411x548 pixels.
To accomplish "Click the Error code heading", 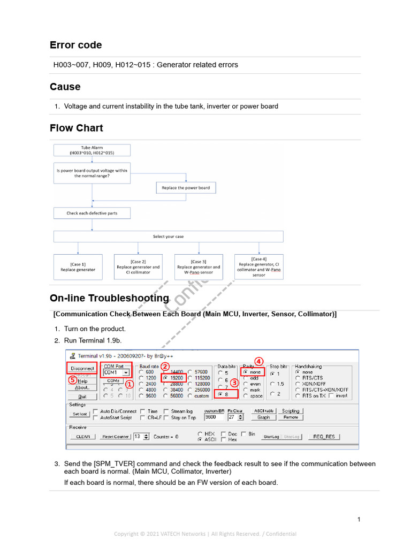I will coord(75,45).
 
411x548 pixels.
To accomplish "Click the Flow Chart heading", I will coord(76,128).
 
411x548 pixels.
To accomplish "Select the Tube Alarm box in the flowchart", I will coord(92,150).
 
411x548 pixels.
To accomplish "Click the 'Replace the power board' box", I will coord(186,188).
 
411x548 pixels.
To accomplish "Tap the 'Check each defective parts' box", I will coord(92,213).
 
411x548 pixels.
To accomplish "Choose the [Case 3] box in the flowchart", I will coord(199,267).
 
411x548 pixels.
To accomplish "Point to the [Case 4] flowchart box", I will coord(259,267).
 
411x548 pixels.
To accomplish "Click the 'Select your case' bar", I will coord(168,236).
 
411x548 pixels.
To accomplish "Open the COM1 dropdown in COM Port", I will coord(126,372).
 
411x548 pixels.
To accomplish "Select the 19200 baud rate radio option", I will coord(166,378).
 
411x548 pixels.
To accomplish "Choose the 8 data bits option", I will coord(221,394).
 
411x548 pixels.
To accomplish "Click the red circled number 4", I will coord(259,361).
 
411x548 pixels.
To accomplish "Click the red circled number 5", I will coord(72,379).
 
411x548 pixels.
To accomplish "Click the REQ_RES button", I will coord(324,437).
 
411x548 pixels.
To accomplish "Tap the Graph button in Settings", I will coord(263,417).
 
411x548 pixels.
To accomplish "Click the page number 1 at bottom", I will coord(359,519).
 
